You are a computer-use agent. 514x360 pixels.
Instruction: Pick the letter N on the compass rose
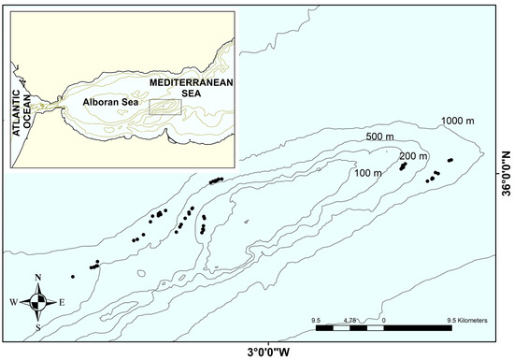[x=37, y=277]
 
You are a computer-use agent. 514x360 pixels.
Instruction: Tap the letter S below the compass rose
[x=37, y=326]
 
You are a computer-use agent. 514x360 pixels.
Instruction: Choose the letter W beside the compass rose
[x=13, y=302]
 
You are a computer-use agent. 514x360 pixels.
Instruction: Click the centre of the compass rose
[x=37, y=301]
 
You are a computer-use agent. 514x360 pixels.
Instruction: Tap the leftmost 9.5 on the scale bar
[x=318, y=321]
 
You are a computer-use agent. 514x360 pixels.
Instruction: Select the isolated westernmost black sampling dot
[x=73, y=276]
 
